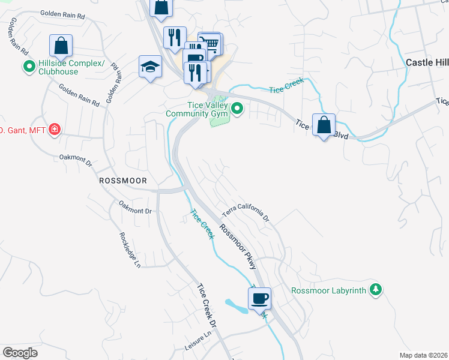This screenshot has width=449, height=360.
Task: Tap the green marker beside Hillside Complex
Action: click(x=28, y=67)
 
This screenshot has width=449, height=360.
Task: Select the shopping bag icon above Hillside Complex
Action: click(x=61, y=45)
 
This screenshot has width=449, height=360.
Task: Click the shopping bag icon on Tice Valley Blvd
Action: click(x=324, y=125)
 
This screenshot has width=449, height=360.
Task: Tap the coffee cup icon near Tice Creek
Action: click(x=259, y=298)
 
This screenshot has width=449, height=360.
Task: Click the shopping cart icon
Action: click(x=209, y=43)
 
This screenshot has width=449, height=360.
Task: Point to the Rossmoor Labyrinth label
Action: click(x=328, y=290)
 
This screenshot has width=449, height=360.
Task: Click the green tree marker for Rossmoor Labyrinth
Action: click(x=376, y=290)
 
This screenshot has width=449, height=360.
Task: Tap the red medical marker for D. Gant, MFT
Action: click(x=55, y=129)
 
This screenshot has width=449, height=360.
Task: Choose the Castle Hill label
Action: click(x=427, y=62)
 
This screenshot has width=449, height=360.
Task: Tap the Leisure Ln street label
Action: click(x=199, y=343)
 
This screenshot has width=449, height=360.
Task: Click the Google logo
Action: click(x=20, y=352)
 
